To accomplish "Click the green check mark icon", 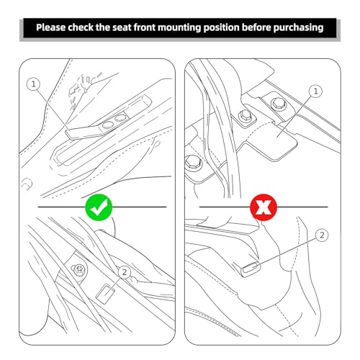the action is click(99, 207).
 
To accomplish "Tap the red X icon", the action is click(264, 207).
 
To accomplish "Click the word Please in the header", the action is click(50, 27).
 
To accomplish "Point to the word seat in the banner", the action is click(122, 28).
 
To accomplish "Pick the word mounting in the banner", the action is click(179, 28).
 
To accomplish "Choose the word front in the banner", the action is click(144, 27).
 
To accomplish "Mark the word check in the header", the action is click(80, 27).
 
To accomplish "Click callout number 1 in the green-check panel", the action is click(34, 84).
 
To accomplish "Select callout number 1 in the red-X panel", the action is click(315, 91).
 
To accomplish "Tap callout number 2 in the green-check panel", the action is click(125, 272).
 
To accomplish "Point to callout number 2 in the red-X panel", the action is click(322, 235).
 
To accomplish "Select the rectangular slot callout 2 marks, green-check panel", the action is click(105, 294).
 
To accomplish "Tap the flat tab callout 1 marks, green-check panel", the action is click(84, 131).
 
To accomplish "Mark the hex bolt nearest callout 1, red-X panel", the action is click(279, 104).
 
